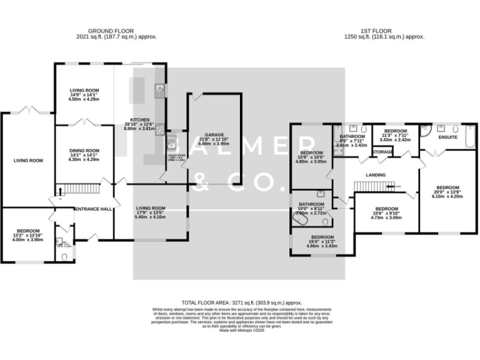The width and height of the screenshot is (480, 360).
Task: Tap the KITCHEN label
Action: [x=139, y=120]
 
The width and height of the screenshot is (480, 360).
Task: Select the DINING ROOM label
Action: [x=84, y=151]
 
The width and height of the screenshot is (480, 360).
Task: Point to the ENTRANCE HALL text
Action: [x=93, y=209]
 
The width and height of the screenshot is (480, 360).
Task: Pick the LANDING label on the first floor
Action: [x=376, y=175]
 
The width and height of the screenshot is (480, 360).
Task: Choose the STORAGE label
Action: [x=382, y=152]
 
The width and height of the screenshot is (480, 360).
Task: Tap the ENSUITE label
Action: [x=449, y=137]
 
